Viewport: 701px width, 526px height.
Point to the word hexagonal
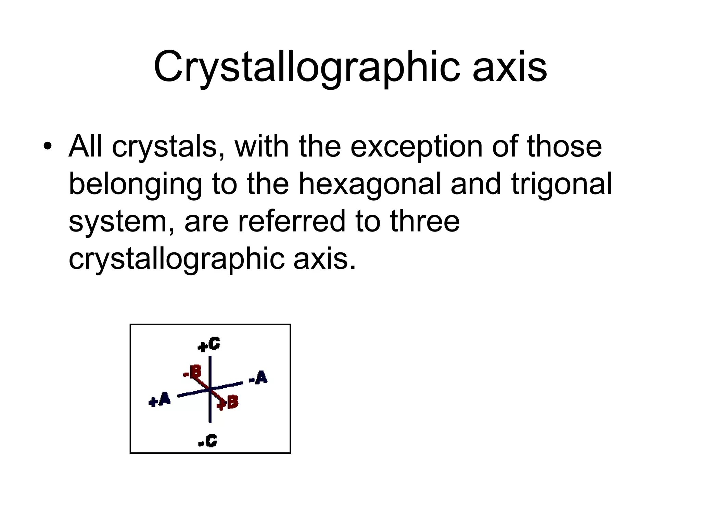click(x=370, y=184)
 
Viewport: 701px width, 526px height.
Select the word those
click(x=564, y=147)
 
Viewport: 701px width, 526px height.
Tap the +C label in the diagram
click(x=209, y=345)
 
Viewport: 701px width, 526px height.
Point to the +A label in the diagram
click(x=160, y=400)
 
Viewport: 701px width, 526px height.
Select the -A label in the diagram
click(x=258, y=378)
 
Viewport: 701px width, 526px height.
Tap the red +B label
click(x=228, y=402)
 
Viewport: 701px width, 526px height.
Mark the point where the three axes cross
click(x=210, y=389)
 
